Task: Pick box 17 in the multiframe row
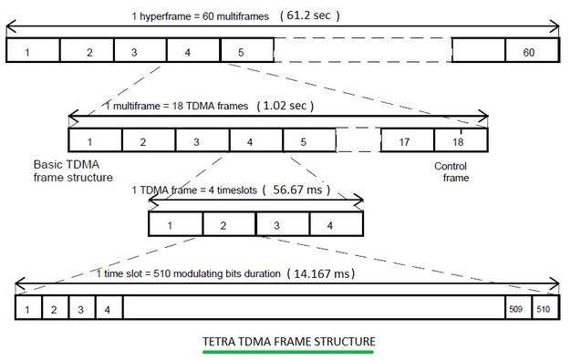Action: (x=407, y=141)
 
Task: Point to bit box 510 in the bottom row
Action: (x=544, y=309)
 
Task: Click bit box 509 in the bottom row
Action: (x=517, y=309)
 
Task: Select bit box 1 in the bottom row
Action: (x=27, y=309)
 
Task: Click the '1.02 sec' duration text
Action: (x=286, y=106)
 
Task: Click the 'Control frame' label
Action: (x=451, y=171)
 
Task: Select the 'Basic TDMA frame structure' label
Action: (x=72, y=170)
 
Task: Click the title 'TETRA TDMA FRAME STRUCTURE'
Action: (x=288, y=342)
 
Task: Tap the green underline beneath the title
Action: (x=288, y=351)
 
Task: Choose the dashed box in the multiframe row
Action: (x=358, y=141)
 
